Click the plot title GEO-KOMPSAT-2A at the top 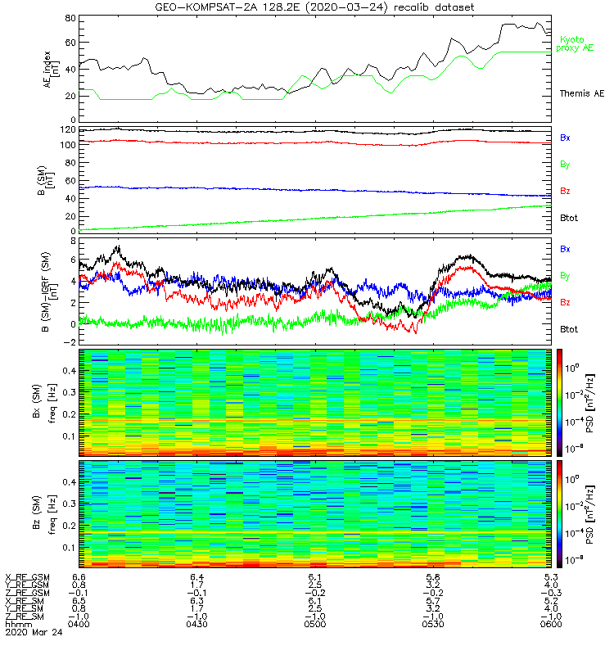(208, 7)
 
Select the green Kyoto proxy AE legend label (575, 43)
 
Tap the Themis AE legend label (582, 93)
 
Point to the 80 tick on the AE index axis (70, 18)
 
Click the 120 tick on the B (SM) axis (68, 130)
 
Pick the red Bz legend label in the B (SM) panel (565, 191)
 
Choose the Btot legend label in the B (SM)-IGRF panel (569, 329)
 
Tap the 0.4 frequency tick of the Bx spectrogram (70, 371)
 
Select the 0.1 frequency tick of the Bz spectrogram (70, 548)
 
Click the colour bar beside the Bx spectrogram (559, 403)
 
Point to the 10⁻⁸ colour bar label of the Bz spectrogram (572, 560)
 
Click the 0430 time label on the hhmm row (196, 624)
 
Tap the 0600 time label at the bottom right (551, 624)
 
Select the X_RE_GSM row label (27, 577)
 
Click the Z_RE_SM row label (25, 617)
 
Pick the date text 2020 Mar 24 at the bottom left (34, 632)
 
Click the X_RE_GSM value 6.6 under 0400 (79, 577)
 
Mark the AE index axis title (50, 70)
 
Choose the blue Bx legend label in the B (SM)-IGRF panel (565, 249)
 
